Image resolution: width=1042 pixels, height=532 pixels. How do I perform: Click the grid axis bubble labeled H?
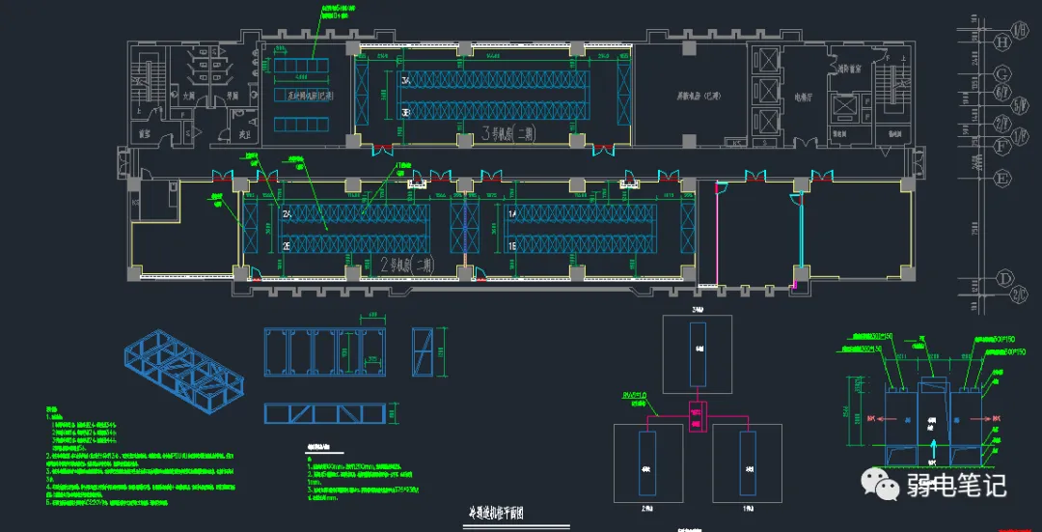click(x=1003, y=42)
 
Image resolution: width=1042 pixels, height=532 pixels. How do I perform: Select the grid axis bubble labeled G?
click(x=1003, y=74)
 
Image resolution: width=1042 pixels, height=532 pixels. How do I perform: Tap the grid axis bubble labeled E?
click(x=1003, y=178)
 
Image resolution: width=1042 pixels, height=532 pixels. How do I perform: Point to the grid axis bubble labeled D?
click(x=1003, y=278)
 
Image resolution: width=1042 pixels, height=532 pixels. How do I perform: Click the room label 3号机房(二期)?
click(x=508, y=134)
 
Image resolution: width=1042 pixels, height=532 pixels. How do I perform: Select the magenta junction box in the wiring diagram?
click(x=696, y=417)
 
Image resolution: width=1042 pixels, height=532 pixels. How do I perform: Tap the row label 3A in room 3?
click(x=406, y=82)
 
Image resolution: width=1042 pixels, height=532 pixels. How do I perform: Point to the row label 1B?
click(x=512, y=246)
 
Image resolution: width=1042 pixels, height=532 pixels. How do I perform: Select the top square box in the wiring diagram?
click(x=697, y=349)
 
